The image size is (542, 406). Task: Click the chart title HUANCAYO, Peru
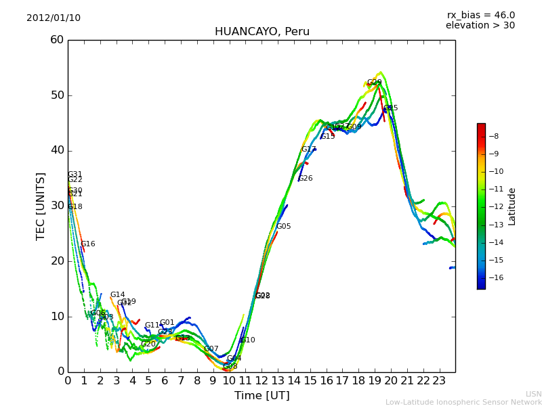coord(262,32)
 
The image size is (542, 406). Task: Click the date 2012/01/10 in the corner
coord(54,18)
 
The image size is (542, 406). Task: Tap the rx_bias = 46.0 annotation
coord(480,15)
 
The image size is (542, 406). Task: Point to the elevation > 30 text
coord(480,26)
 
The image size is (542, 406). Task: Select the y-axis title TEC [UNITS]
coord(41,206)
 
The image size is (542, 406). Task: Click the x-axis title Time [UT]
coord(262,396)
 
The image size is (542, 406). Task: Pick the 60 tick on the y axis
coord(57,40)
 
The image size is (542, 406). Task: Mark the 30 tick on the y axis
coord(57,206)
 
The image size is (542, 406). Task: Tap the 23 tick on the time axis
coord(439,381)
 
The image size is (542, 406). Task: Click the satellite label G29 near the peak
coord(374,83)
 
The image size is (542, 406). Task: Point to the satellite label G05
coord(283,227)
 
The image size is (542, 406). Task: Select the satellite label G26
coord(306,179)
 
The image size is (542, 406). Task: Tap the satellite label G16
coord(88,244)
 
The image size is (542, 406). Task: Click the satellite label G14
coord(118,295)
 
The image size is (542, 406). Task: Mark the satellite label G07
coord(211,349)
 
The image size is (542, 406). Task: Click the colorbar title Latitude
coord(512,206)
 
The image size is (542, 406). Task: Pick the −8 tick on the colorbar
coord(493,136)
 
